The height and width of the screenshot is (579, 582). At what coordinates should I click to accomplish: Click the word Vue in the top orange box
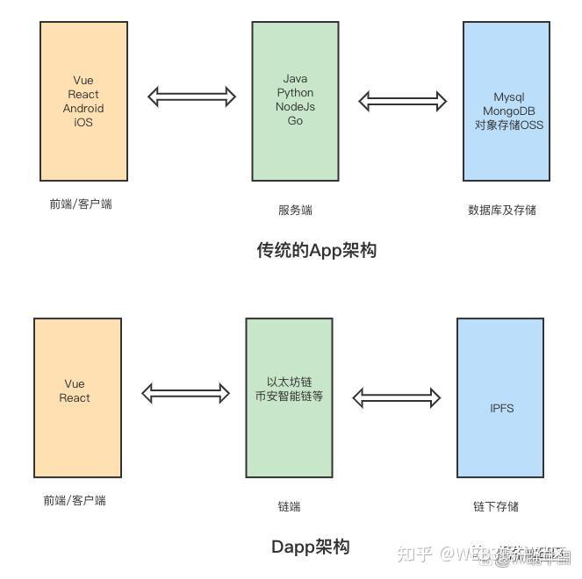pyautogui.click(x=83, y=81)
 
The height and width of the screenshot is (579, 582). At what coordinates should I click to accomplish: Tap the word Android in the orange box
pyautogui.click(x=83, y=109)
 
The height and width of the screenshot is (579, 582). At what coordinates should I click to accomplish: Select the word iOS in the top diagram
pyautogui.click(x=83, y=123)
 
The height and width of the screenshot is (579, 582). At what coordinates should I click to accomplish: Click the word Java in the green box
pyautogui.click(x=295, y=79)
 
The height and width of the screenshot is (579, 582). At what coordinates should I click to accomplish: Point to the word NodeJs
pyautogui.click(x=295, y=107)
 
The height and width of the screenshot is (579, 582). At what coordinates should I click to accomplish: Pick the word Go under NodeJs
pyautogui.click(x=295, y=121)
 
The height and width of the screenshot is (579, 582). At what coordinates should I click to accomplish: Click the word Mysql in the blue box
pyautogui.click(x=508, y=96)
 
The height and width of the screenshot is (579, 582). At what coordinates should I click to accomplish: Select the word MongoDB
pyautogui.click(x=508, y=111)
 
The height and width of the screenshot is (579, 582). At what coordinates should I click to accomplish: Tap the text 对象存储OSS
pyautogui.click(x=508, y=125)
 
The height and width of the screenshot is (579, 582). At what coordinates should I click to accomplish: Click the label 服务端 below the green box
pyautogui.click(x=295, y=211)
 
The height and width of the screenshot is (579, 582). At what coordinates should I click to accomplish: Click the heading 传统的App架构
pyautogui.click(x=316, y=251)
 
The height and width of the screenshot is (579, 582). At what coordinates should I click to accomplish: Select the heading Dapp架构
pyautogui.click(x=310, y=547)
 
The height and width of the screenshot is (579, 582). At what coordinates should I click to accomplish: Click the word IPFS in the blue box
pyautogui.click(x=502, y=409)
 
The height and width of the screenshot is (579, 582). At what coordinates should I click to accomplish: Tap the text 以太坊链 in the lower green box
pyautogui.click(x=289, y=382)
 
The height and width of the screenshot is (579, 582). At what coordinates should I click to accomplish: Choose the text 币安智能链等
pyautogui.click(x=289, y=397)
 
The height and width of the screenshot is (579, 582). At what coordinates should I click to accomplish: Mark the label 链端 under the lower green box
pyautogui.click(x=289, y=506)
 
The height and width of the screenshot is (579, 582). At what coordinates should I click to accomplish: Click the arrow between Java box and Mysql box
pyautogui.click(x=403, y=100)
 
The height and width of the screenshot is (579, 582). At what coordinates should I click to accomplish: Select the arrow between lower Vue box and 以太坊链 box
pyautogui.click(x=185, y=393)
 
